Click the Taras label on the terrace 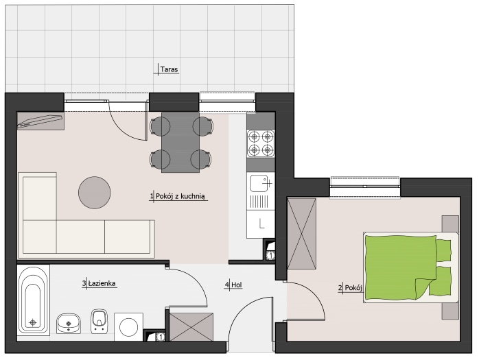[169, 69]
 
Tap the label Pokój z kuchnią [180, 196]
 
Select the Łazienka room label [102, 283]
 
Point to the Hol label [237, 285]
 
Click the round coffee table [95, 193]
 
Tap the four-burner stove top [261, 143]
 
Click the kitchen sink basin [259, 183]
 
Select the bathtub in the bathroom [34, 300]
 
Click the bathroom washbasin [69, 323]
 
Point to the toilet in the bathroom [100, 321]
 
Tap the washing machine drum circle [128, 327]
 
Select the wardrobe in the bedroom [302, 234]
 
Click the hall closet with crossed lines [191, 326]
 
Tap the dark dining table [180, 143]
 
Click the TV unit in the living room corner [40, 121]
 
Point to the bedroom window [365, 187]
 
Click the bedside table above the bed [451, 224]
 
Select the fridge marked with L [261, 224]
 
